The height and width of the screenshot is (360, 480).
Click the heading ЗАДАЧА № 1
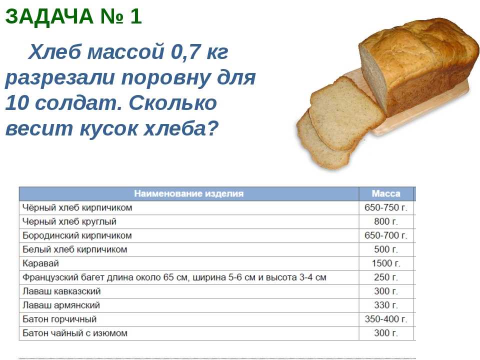[x=73, y=16]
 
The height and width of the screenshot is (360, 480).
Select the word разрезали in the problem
[x=60, y=78]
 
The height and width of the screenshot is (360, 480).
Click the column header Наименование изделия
[x=189, y=193]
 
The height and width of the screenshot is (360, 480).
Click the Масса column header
[x=386, y=193]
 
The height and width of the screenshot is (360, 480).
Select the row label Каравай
[x=40, y=263]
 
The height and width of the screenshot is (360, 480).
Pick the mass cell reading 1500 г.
[x=386, y=263]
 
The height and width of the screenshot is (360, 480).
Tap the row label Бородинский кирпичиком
[x=77, y=235]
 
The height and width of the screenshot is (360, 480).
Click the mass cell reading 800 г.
[x=385, y=221]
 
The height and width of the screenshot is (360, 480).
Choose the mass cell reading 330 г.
[x=385, y=305]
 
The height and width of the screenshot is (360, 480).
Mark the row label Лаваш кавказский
[x=61, y=291]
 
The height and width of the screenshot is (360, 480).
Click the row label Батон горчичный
[x=59, y=319]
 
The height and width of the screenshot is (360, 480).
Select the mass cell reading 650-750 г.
[x=385, y=207]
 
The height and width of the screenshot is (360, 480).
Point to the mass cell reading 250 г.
[x=385, y=277]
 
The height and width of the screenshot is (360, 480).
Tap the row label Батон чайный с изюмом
[x=75, y=333]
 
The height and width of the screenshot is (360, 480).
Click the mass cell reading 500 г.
[x=385, y=249]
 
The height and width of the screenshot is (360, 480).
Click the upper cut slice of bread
[x=346, y=113]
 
